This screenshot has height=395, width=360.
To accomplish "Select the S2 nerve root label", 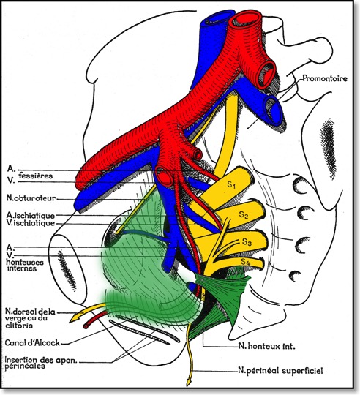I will (x=244, y=214).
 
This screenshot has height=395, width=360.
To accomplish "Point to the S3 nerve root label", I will (x=247, y=241).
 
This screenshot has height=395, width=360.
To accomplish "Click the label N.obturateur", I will (x=30, y=197).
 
